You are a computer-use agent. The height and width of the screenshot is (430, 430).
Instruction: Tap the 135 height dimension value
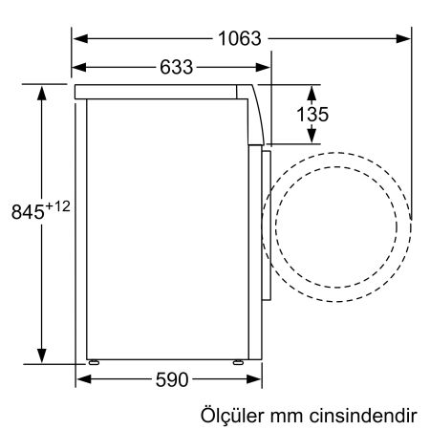tap(312, 114)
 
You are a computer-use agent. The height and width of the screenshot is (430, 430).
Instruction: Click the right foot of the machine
tap(236, 361)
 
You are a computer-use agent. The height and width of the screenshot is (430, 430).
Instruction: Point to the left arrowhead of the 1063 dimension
tap(80, 39)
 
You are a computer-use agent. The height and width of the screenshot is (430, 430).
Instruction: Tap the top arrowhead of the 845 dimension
tap(43, 91)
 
